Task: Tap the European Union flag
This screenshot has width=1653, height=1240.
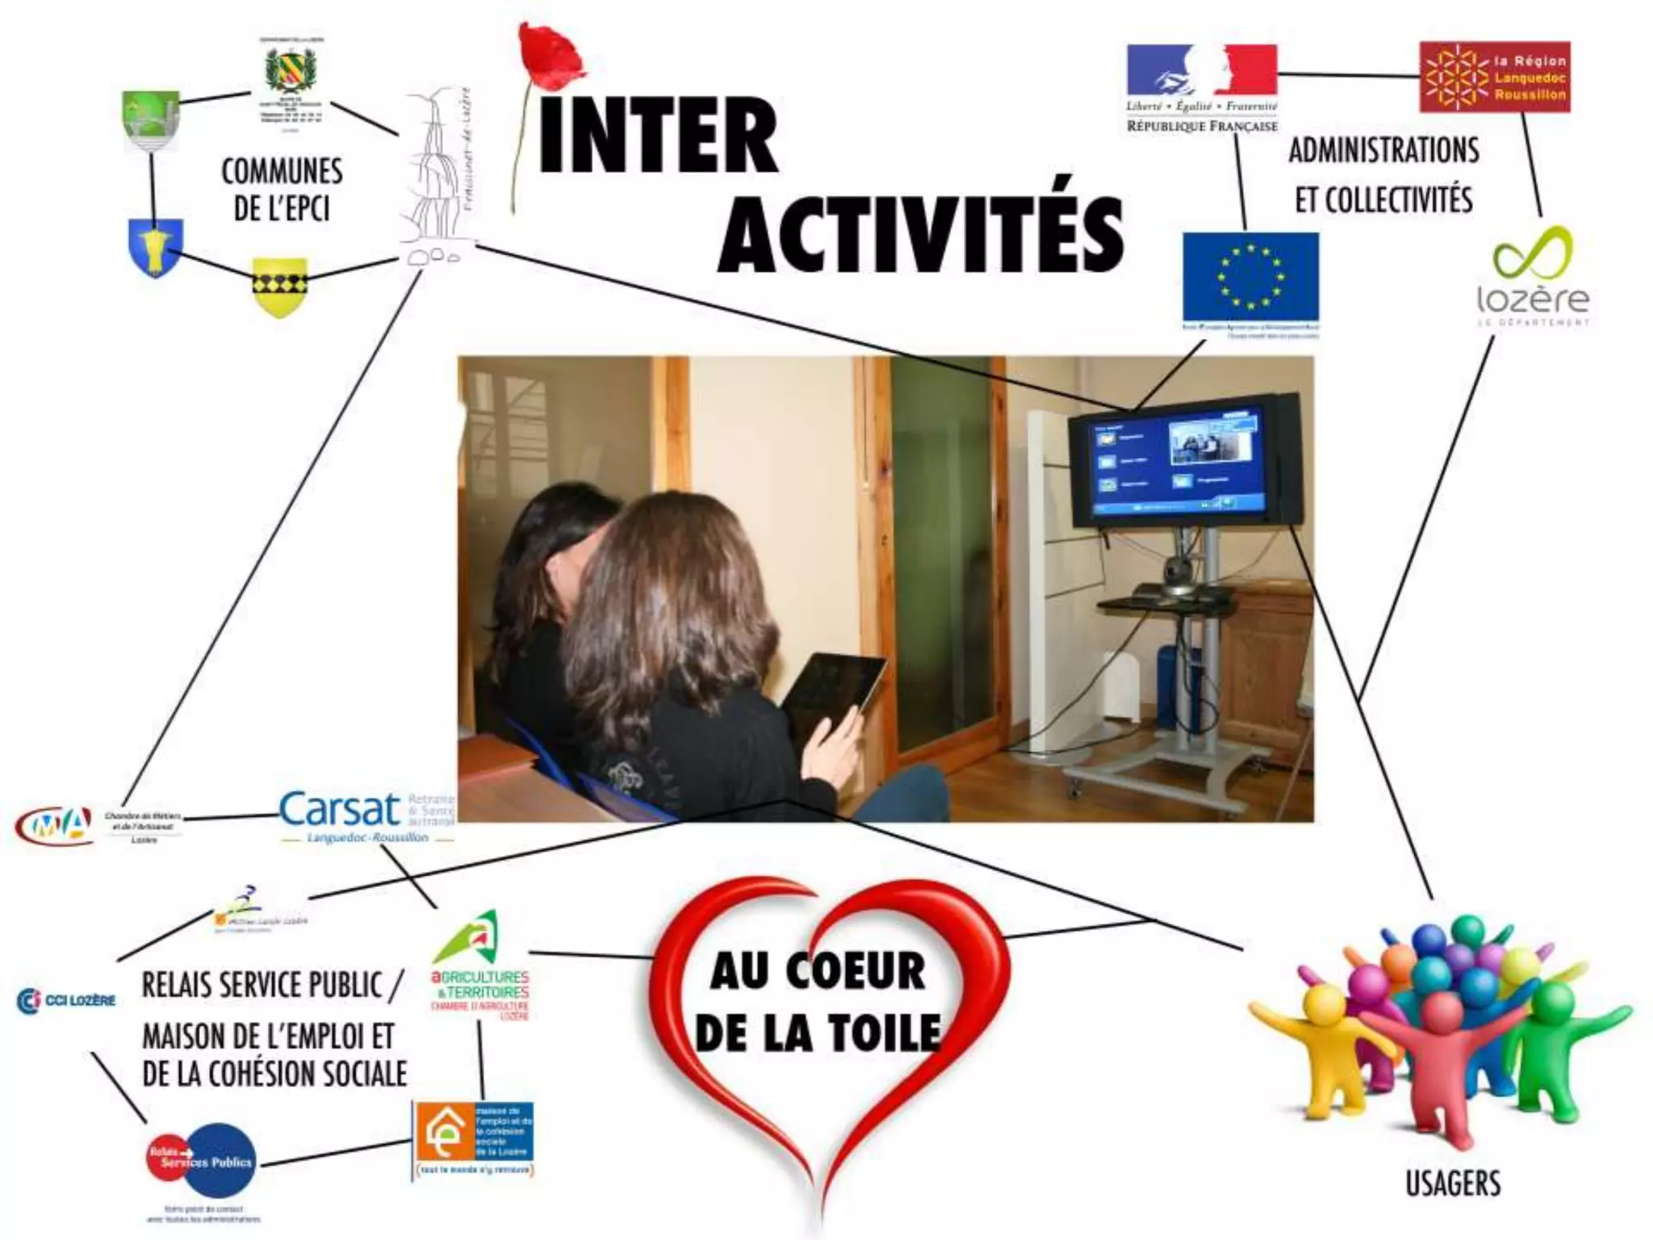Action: pos(1250,277)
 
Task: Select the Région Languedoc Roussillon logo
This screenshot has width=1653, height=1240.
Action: pos(1495,77)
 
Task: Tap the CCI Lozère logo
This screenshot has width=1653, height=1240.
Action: pos(66,1000)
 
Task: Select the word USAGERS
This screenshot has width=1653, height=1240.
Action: pos(1454,1183)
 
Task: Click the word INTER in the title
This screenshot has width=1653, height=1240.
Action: pos(658,136)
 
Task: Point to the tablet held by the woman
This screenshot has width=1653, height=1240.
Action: pos(834,691)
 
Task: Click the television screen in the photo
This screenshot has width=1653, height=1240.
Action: pos(1175,463)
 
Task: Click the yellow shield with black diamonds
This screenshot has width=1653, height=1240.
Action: pos(280,287)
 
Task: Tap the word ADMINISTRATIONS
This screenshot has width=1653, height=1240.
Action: pos(1383,151)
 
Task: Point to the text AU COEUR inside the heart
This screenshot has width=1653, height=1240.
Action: pos(818,970)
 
